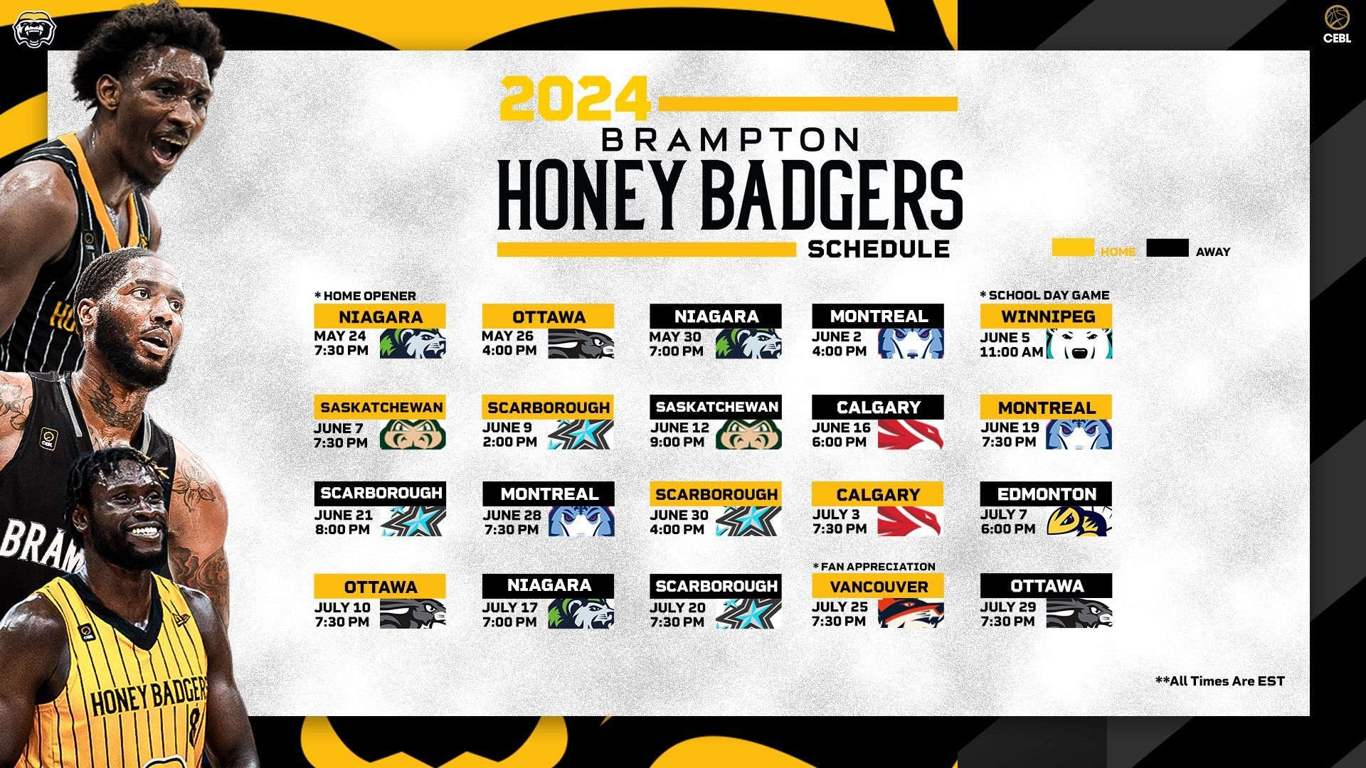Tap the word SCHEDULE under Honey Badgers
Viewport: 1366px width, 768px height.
(x=879, y=249)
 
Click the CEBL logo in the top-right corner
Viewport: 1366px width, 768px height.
(x=1337, y=25)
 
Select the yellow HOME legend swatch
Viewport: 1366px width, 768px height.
(x=1073, y=247)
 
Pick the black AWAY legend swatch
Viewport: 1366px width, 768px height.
(x=1168, y=247)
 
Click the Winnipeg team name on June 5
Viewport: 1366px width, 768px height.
(x=1048, y=316)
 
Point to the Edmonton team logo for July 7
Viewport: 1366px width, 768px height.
(x=1079, y=521)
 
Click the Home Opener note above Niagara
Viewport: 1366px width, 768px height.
(x=365, y=296)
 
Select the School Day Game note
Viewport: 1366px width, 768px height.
(x=1044, y=295)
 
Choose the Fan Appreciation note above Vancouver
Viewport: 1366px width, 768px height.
(x=874, y=567)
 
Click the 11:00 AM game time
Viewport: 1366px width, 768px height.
(x=1011, y=351)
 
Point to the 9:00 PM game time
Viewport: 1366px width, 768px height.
(x=677, y=442)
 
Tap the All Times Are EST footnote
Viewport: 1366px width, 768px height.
(x=1220, y=681)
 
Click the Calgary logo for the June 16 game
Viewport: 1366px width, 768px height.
(x=911, y=434)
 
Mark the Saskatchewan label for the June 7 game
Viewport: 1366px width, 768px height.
(x=381, y=407)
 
